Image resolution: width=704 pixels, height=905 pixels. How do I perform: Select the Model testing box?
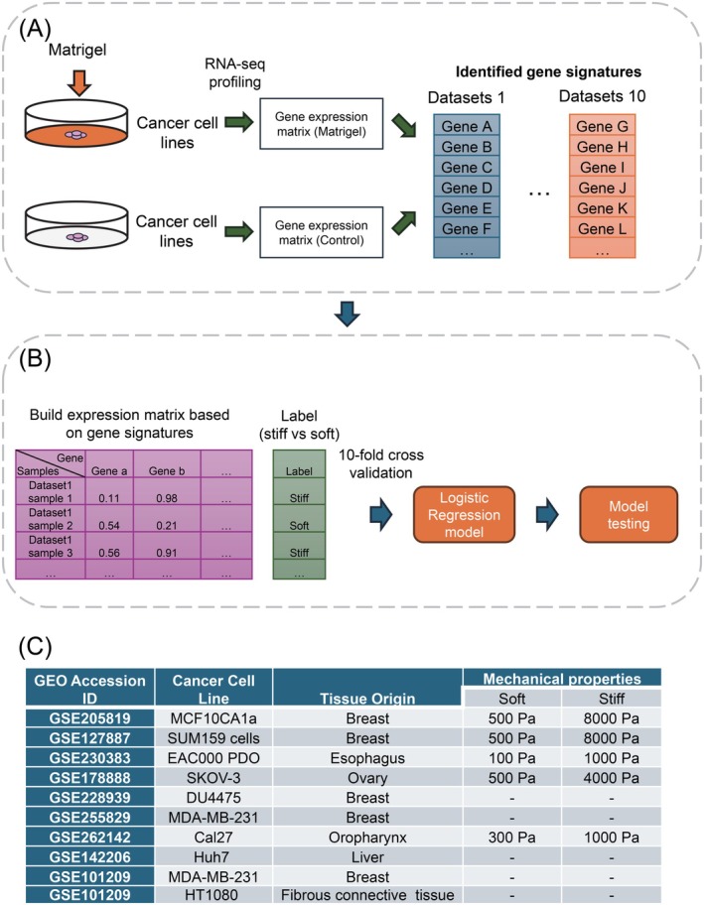click(x=619, y=515)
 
